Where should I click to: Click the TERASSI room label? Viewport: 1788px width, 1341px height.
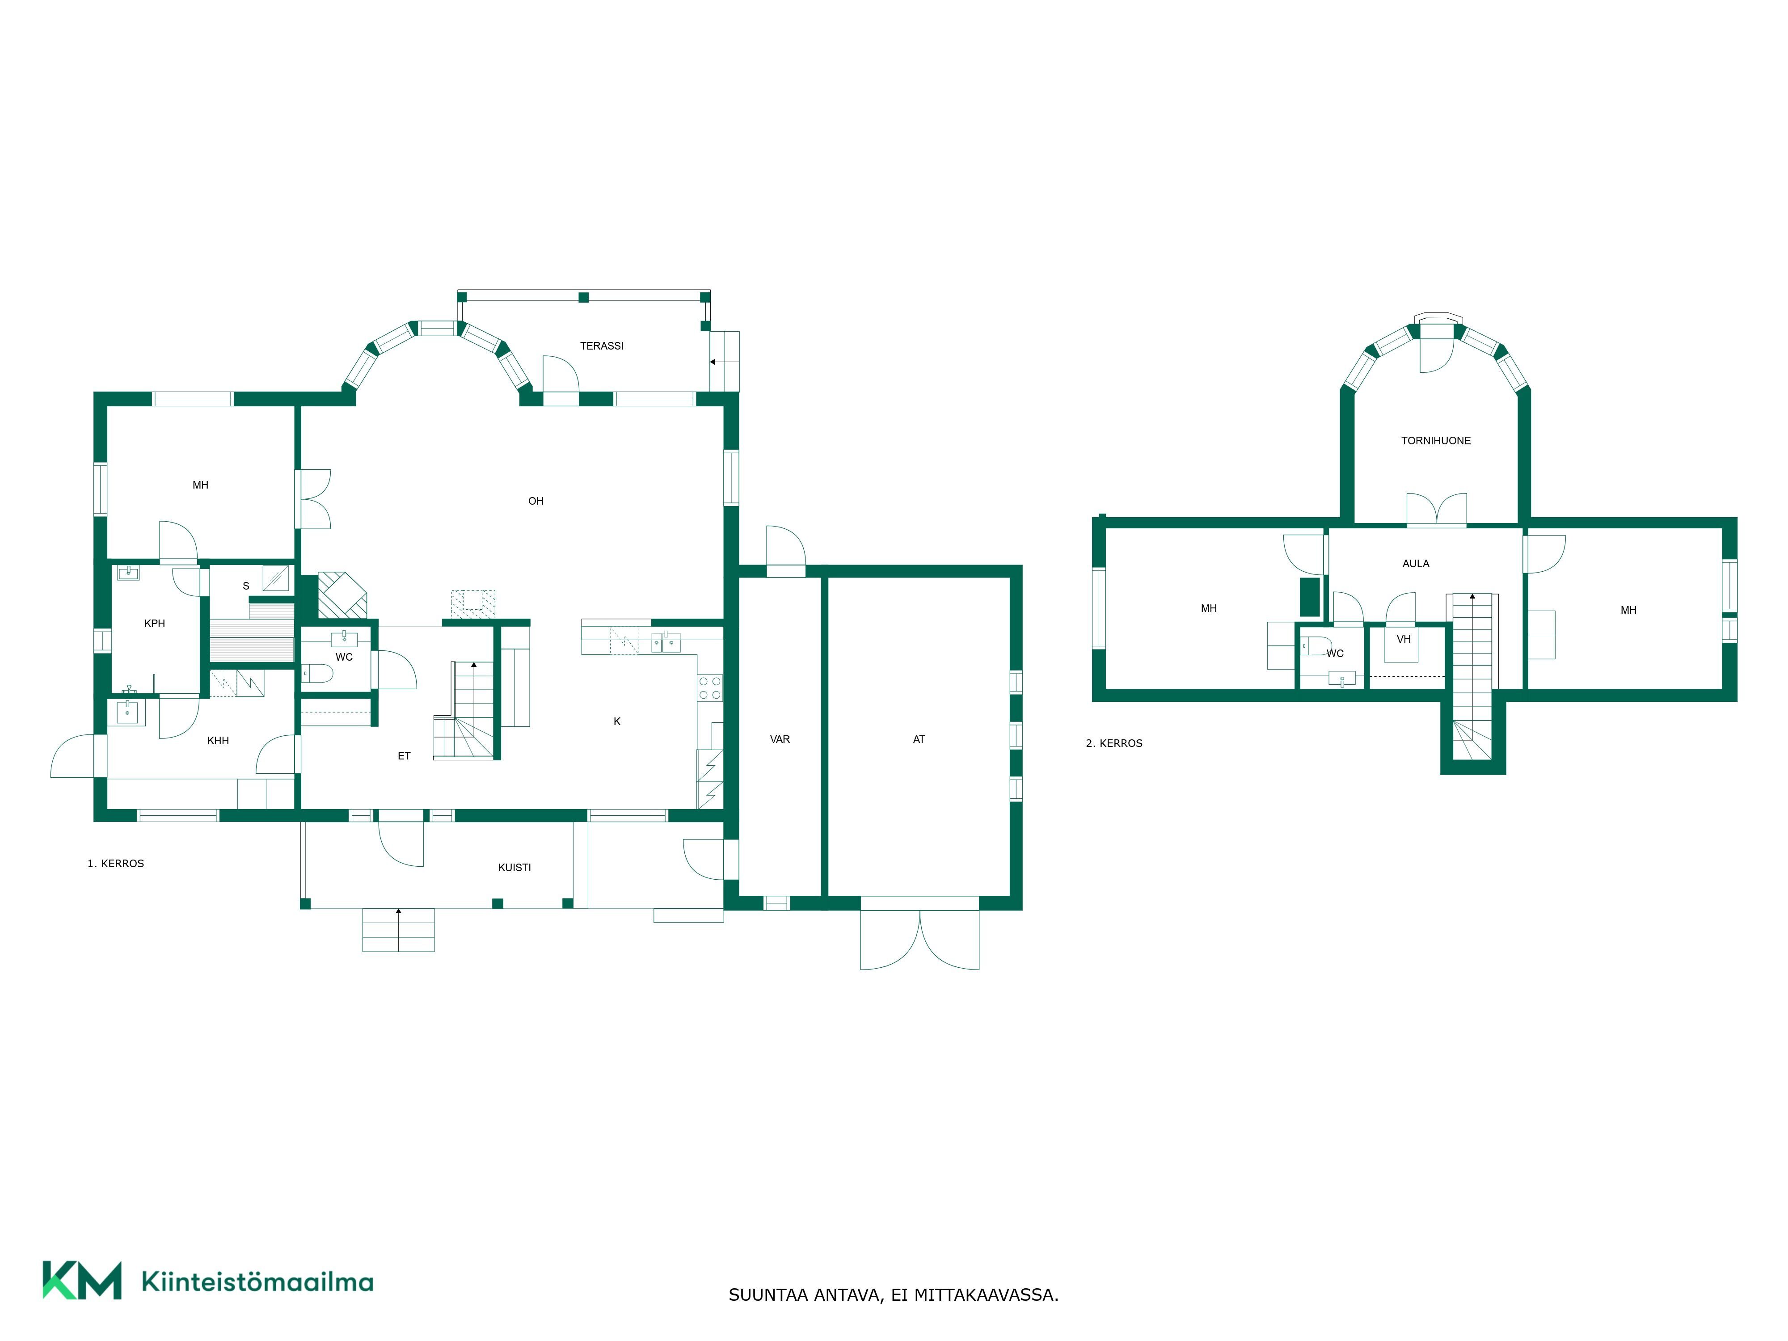(601, 346)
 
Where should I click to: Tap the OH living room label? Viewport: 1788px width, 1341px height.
(536, 501)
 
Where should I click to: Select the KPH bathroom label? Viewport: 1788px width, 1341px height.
(154, 623)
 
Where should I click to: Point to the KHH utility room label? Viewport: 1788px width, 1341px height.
(218, 740)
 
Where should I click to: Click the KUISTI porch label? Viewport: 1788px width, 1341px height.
(514, 867)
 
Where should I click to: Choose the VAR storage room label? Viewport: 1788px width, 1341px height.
(780, 739)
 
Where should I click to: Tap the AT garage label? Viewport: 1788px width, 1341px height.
(919, 739)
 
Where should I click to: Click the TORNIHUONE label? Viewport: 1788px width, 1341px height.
(1436, 441)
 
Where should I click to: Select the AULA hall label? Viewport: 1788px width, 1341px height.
(1415, 563)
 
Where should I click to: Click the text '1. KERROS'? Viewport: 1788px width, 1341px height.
(116, 863)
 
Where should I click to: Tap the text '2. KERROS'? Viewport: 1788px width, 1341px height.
(1114, 743)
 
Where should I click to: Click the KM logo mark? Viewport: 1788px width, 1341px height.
(82, 1280)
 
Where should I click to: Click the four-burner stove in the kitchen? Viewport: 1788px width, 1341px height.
(710, 688)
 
